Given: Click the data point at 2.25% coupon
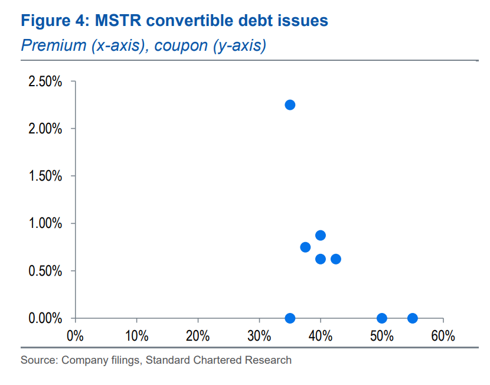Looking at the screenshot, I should pyautogui.click(x=290, y=105).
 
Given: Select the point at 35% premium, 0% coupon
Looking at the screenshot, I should pyautogui.click(x=290, y=318).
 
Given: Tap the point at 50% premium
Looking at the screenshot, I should pyautogui.click(x=382, y=318).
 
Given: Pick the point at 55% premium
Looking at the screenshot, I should pyautogui.click(x=413, y=318).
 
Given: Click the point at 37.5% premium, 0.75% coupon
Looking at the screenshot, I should pyautogui.click(x=305, y=247).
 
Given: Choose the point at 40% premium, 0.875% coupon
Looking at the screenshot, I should pyautogui.click(x=321, y=235).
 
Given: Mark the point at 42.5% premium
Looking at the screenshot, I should pyautogui.click(x=336, y=259).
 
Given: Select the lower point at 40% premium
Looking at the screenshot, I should pyautogui.click(x=321, y=259).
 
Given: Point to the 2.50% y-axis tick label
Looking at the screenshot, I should pyautogui.click(x=45, y=81).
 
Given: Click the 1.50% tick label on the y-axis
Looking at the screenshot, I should pyautogui.click(x=45, y=176).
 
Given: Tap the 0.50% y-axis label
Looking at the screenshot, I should pyautogui.click(x=45, y=271).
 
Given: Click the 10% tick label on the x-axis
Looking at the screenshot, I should pyautogui.click(x=136, y=337).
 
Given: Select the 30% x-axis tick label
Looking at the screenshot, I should pyautogui.click(x=259, y=337).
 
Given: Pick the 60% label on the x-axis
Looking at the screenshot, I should pyautogui.click(x=443, y=337).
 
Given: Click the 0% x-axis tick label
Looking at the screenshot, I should pyautogui.click(x=75, y=337).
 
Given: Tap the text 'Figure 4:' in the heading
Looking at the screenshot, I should pyautogui.click(x=53, y=21).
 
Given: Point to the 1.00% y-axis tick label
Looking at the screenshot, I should pyautogui.click(x=45, y=224).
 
